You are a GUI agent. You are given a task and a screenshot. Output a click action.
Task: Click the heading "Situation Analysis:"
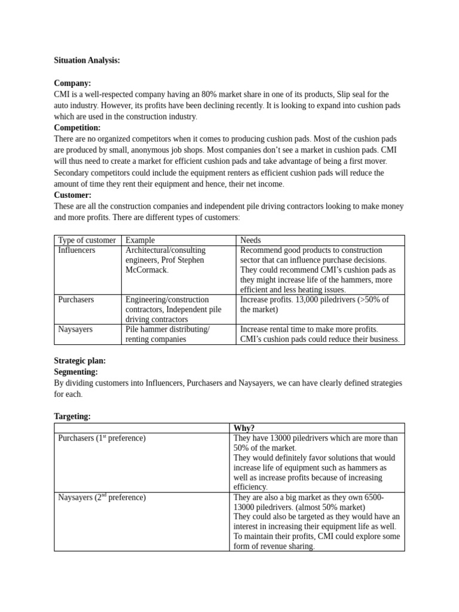(x=87, y=60)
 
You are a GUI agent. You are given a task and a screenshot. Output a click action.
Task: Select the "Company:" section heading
(x=72, y=83)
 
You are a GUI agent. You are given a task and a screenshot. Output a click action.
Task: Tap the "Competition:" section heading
(x=77, y=128)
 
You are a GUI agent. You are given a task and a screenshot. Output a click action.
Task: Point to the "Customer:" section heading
(x=72, y=195)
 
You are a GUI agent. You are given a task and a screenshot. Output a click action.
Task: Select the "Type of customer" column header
(x=87, y=240)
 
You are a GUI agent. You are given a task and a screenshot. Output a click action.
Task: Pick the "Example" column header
(x=140, y=240)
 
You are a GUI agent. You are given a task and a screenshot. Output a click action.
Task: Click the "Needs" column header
(x=250, y=240)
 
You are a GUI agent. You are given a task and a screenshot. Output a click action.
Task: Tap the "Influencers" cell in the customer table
(x=76, y=250)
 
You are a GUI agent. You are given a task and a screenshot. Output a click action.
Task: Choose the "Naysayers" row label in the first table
(x=75, y=329)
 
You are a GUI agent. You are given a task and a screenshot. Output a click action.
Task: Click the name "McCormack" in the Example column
(x=146, y=270)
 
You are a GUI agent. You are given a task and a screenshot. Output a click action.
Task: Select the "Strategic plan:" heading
(x=79, y=360)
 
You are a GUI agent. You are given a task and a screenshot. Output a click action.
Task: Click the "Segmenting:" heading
(x=76, y=372)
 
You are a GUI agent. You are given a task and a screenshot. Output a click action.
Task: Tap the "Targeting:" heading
(x=72, y=417)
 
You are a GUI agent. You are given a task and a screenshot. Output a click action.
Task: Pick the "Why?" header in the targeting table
(x=244, y=428)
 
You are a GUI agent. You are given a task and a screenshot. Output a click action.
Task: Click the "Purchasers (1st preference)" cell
(x=102, y=438)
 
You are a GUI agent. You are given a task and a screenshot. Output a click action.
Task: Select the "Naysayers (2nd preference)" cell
(x=102, y=497)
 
